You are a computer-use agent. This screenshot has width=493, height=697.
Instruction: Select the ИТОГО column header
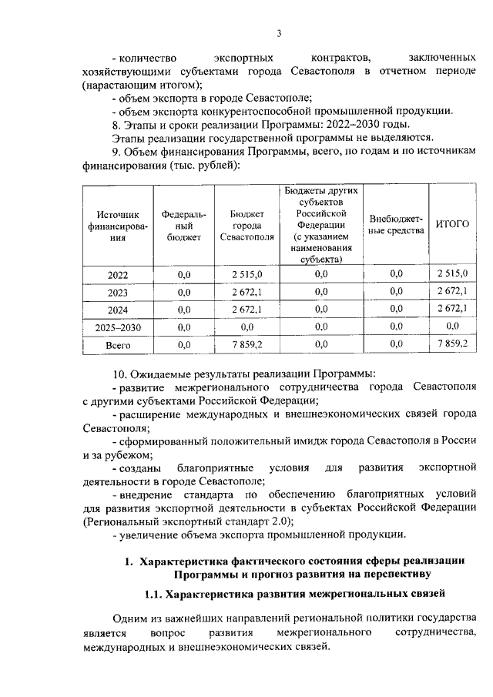click(452, 224)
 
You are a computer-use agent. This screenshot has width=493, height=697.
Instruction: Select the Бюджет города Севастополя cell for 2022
click(247, 275)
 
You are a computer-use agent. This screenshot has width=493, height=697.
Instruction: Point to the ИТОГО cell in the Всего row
click(452, 344)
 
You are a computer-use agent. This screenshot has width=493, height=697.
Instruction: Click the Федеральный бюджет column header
click(183, 225)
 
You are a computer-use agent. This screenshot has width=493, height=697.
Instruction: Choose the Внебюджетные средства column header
click(396, 225)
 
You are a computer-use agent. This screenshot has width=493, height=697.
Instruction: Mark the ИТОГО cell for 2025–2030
click(452, 327)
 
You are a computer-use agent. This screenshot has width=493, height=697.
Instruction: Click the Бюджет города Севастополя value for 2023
click(247, 293)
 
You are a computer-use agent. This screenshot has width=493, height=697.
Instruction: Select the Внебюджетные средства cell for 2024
click(396, 310)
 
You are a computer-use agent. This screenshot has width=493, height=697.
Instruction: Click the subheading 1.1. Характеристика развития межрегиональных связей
click(295, 595)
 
